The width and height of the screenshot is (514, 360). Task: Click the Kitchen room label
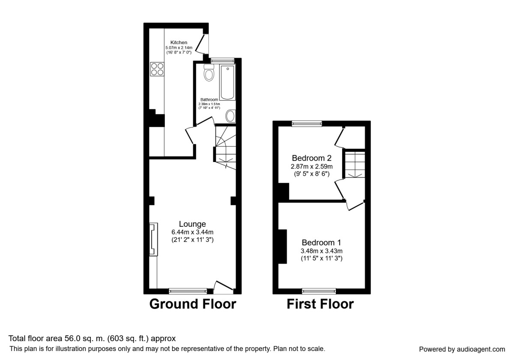(179, 42)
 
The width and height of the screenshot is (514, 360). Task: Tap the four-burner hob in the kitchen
(157, 69)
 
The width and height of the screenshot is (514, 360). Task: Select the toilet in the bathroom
(209, 74)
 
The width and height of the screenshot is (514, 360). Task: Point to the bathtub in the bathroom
(227, 82)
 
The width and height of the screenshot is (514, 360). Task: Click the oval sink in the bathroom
(230, 116)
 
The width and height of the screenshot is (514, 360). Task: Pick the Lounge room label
(192, 224)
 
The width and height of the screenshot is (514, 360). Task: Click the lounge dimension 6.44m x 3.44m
(192, 232)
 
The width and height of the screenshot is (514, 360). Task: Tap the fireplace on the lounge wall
(153, 239)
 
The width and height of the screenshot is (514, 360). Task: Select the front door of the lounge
(223, 286)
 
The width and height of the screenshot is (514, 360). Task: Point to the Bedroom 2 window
(307, 123)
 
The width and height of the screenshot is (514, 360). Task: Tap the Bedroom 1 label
(322, 242)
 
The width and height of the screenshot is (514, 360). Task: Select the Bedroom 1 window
(319, 291)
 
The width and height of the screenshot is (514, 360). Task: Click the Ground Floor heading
(192, 304)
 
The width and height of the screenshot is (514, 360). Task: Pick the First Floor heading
(320, 304)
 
